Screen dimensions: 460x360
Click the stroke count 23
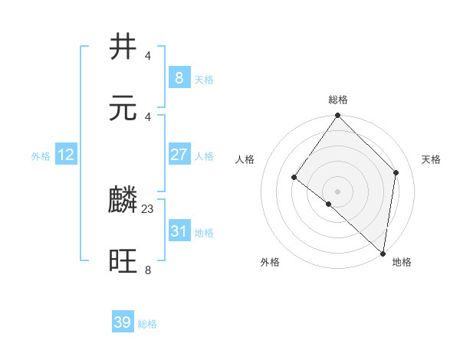pos(148,208)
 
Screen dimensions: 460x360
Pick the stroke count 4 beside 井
pos(148,55)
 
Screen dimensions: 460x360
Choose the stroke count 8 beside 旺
pos(148,270)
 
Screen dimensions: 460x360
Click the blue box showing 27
pos(179,155)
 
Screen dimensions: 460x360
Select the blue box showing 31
pos(179,231)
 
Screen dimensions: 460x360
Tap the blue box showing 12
pos(66,155)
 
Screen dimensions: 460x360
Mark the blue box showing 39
pos(123,322)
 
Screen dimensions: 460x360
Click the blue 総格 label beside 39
pos(147,324)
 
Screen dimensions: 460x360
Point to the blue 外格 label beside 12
pos(41,156)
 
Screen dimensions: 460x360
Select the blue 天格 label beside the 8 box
pos(203,79)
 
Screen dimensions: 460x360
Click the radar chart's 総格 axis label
pos(338,100)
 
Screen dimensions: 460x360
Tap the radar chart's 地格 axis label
pos(402,262)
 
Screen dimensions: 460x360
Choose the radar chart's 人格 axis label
pos(245,159)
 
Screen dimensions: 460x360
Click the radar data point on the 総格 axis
pos(338,116)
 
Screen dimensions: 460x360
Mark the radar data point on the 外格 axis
pos(328,205)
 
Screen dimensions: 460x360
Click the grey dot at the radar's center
pos(338,191)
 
